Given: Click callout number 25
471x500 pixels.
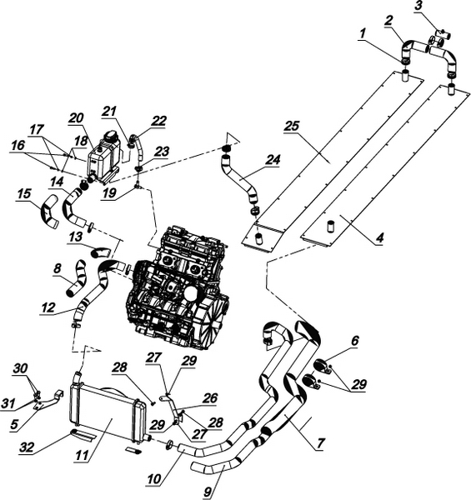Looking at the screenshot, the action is click(x=292, y=126).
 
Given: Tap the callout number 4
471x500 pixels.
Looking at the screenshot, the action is click(x=380, y=237).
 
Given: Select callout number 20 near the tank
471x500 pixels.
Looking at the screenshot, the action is click(x=76, y=117).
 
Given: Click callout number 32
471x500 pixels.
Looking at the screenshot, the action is click(x=26, y=447).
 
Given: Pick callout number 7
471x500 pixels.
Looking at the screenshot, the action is click(x=321, y=442).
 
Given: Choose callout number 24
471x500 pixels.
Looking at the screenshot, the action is click(x=273, y=159).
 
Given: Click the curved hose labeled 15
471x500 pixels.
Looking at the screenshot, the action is click(x=50, y=212).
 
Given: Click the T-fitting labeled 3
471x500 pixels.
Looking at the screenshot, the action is click(x=443, y=34).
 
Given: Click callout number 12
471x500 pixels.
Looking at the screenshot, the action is click(x=48, y=307).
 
